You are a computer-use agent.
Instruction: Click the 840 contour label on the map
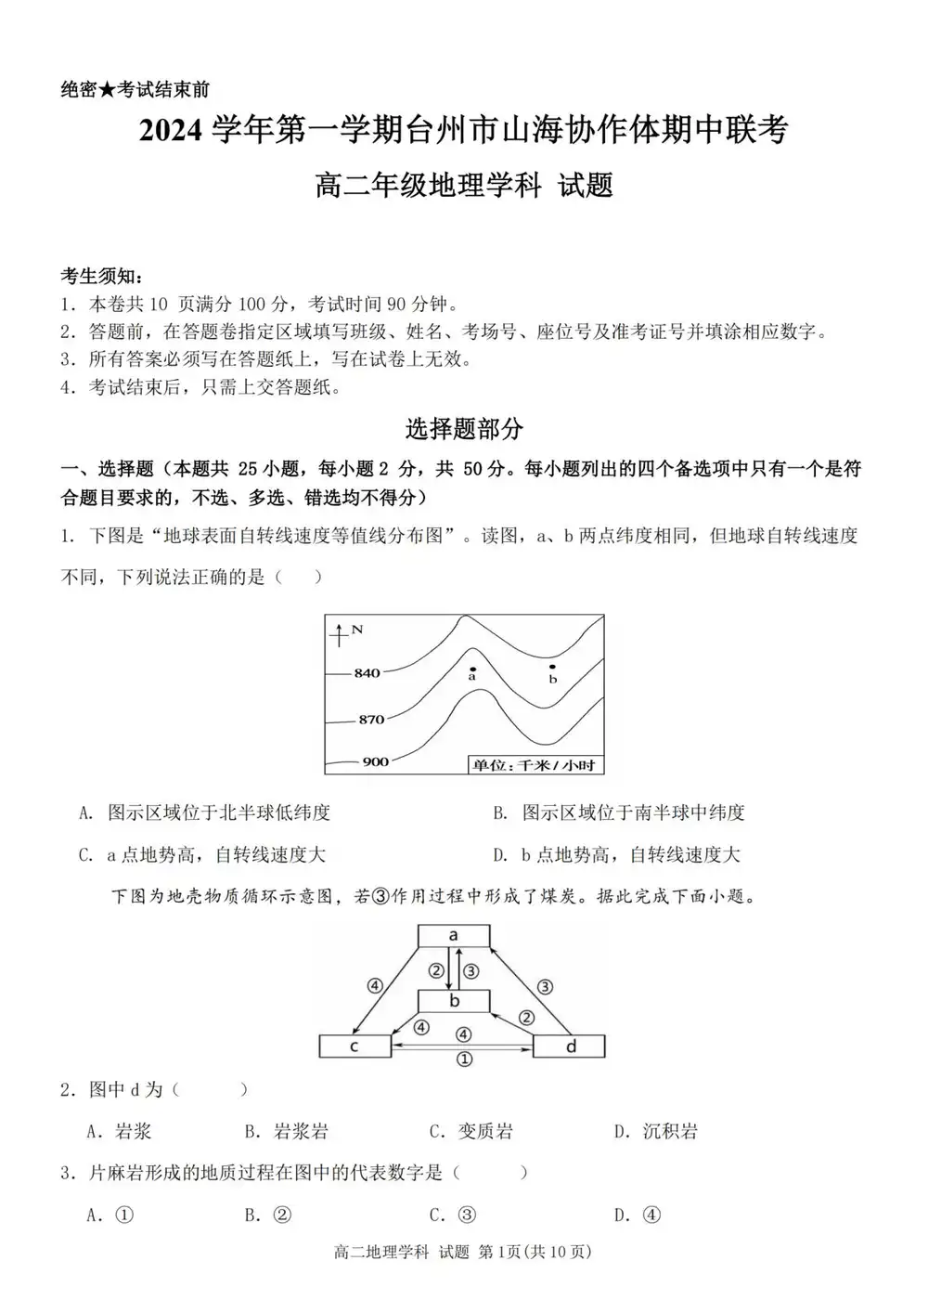tap(367, 672)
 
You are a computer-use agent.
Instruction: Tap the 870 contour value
tap(371, 719)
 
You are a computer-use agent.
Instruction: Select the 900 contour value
tap(375, 761)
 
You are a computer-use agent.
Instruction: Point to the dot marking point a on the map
tap(472, 669)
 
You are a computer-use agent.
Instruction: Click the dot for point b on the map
tap(552, 667)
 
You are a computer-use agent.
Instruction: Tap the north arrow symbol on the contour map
tap(341, 634)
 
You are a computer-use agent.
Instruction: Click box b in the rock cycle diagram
tap(454, 1001)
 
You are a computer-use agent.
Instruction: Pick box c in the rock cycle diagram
tap(354, 1046)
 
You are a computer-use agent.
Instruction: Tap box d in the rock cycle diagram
tap(570, 1046)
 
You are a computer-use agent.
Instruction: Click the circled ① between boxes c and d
tap(464, 1059)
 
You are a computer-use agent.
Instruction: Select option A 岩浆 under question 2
tap(120, 1131)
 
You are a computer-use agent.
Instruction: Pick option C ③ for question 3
tap(454, 1215)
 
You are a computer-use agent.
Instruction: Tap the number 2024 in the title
tap(171, 131)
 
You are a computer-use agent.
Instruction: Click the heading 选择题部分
tap(464, 428)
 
